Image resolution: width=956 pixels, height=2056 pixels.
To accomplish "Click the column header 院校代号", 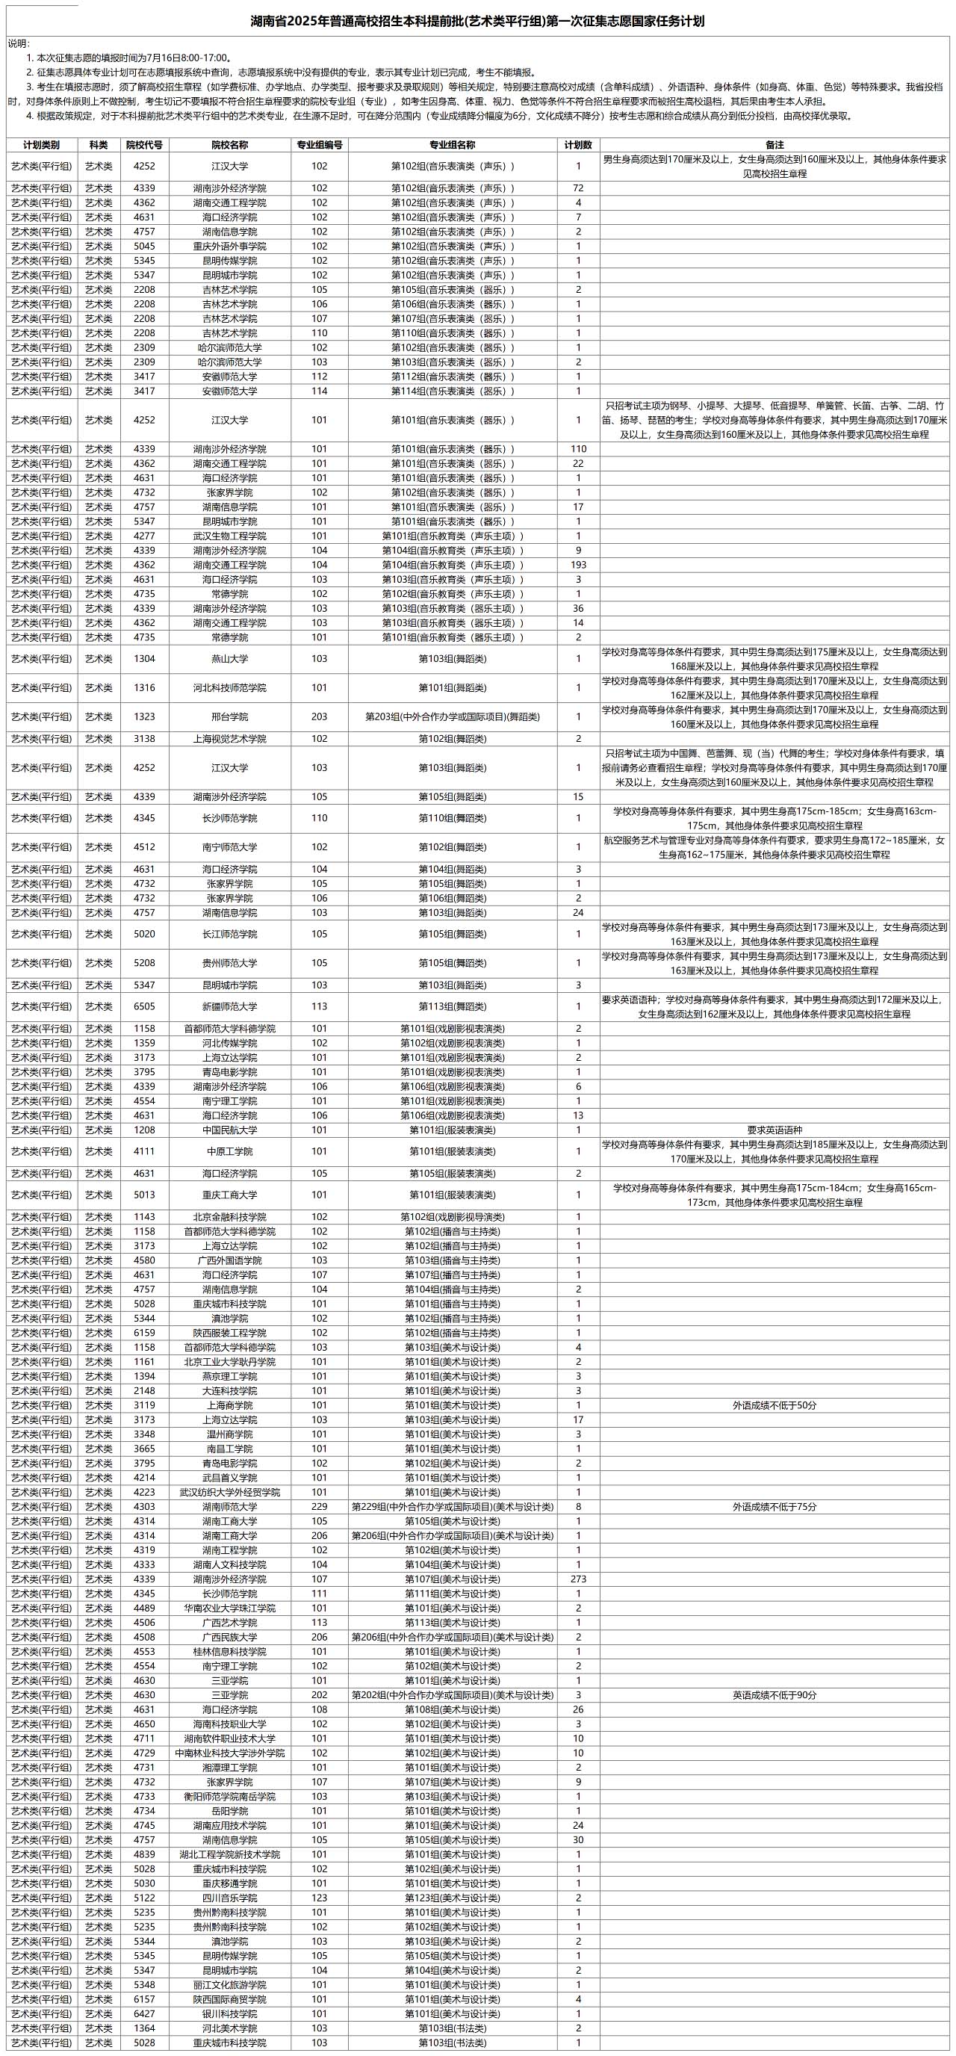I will pos(144,145).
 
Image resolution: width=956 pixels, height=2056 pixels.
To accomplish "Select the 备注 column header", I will pos(774,145).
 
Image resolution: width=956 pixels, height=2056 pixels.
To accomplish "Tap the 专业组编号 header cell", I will pos(319,145).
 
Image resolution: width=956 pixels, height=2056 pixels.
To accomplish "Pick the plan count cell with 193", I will pos(579,565).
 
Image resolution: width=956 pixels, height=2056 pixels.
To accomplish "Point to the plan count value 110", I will pos(579,449).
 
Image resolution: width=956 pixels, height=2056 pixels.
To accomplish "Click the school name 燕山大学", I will pos(230,659).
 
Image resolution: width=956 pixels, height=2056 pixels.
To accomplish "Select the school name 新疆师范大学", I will pos(230,1007).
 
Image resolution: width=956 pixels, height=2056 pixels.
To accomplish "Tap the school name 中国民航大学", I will pos(230,1130).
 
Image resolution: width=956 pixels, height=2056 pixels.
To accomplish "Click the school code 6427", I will pos(144,2013).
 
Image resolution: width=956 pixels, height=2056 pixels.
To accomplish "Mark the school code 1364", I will pos(144,2028).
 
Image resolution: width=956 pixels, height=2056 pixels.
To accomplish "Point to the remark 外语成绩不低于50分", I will pos(774,1405).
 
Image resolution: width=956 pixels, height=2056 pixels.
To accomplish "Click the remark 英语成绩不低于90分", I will pos(774,1695).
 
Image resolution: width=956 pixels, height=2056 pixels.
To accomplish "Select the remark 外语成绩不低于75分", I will pos(774,1507).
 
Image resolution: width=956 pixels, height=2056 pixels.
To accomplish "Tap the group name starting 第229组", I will pos(453,1507).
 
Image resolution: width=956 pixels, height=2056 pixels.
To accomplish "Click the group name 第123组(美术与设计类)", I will pos(453,1898).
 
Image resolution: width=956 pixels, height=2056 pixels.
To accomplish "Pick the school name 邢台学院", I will pos(230,716).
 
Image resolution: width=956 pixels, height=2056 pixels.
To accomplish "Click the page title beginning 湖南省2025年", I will pos(478,22).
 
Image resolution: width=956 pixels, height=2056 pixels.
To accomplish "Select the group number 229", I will pos(319,1507).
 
